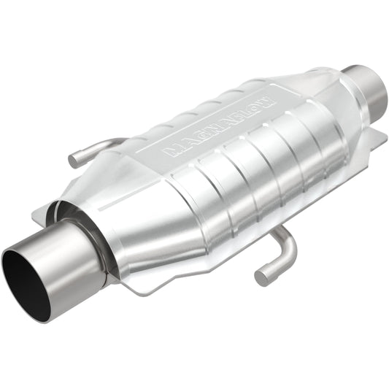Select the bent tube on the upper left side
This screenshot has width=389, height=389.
(x=95, y=150)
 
